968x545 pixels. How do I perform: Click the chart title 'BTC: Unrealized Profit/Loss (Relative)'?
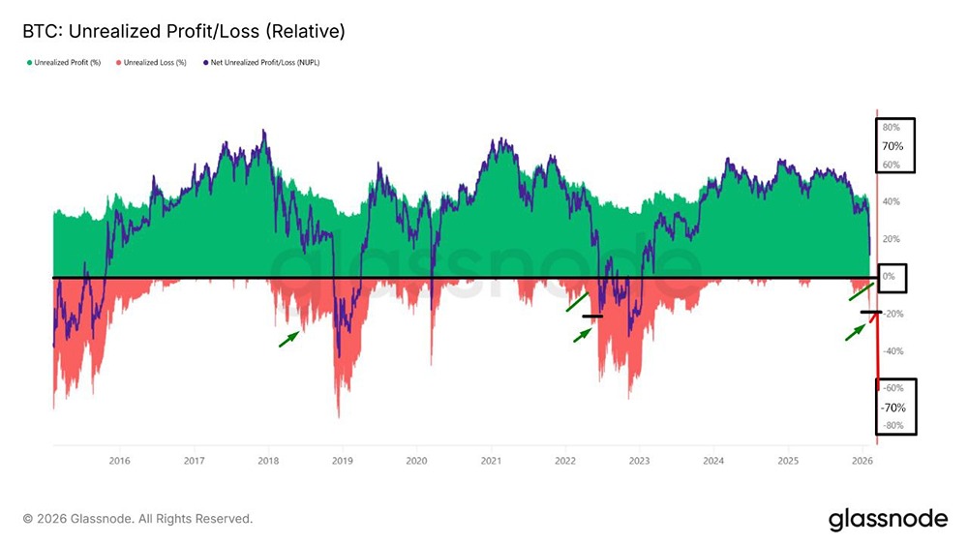[x=183, y=32]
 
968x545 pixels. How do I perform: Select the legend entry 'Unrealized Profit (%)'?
[x=68, y=63]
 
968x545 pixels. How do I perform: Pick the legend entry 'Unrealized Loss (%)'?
[x=152, y=63]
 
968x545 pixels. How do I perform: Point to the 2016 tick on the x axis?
[x=119, y=461]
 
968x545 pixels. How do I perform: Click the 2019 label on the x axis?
[x=342, y=461]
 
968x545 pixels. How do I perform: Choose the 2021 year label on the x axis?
[x=491, y=461]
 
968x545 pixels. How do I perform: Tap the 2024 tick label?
[x=713, y=461]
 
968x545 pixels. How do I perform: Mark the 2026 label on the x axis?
[x=862, y=461]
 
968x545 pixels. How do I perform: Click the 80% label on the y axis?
[x=891, y=128]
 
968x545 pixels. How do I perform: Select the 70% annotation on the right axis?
[x=892, y=146]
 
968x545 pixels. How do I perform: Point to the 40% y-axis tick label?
[x=891, y=202]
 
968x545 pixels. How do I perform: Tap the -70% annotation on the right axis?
[x=893, y=408]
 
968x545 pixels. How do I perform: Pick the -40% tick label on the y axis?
[x=893, y=351]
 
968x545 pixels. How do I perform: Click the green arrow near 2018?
[x=288, y=338]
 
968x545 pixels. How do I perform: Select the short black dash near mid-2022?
[x=592, y=316]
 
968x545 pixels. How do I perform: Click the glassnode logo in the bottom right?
[x=888, y=519]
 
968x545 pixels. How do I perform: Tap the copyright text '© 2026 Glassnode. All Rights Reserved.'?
[x=137, y=519]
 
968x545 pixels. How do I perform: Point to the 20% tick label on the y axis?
[x=891, y=239]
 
